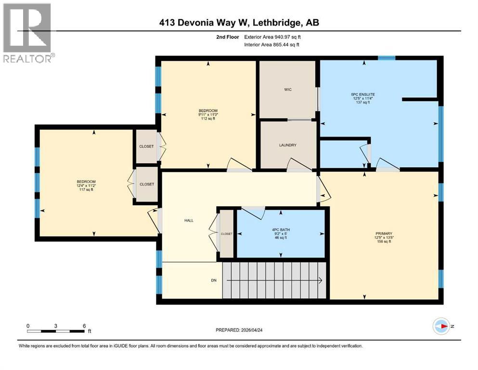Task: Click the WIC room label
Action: (287, 90)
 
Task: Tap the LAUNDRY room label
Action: (287, 145)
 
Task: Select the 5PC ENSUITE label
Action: (363, 94)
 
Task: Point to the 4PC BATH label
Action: (281, 229)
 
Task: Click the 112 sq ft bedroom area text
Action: (208, 119)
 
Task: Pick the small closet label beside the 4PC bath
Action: (226, 234)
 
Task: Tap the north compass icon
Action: (441, 326)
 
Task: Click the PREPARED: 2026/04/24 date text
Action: (239, 330)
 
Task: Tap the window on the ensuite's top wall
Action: (386, 58)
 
